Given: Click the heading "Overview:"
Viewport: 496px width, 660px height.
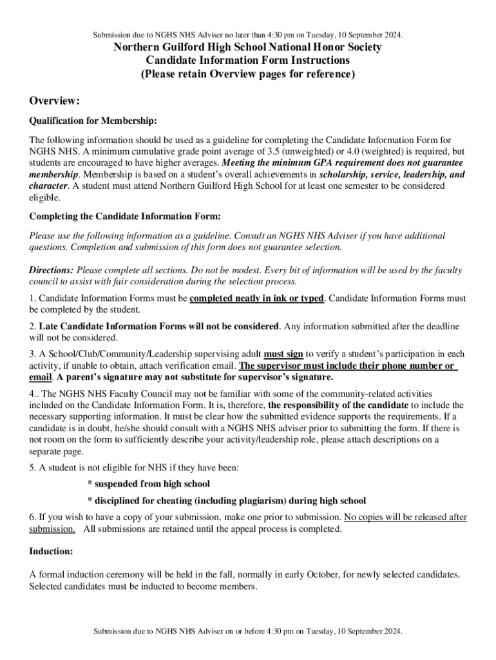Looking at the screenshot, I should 55,101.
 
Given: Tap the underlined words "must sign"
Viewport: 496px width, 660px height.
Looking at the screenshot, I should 283,354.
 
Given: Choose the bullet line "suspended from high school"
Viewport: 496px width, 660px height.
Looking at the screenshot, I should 148,483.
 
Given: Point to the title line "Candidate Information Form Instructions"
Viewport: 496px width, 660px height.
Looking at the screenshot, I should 248,60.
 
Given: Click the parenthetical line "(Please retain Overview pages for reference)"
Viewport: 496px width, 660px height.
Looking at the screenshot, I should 248,73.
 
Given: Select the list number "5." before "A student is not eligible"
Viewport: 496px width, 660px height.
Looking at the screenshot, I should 32,467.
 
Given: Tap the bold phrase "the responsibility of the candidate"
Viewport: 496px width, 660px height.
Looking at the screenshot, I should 338,405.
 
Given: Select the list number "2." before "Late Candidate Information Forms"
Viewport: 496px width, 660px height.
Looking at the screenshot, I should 32,326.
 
